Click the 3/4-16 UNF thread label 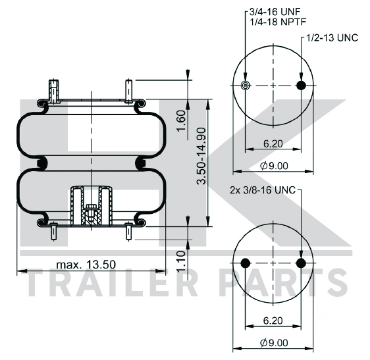tap(275, 12)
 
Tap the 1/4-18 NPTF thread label tap(278, 22)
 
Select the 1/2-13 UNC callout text tap(332, 38)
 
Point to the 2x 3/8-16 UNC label tap(263, 190)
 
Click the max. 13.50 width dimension tap(86, 265)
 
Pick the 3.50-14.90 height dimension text tap(201, 156)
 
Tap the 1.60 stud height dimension tap(182, 121)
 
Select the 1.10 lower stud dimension tap(182, 261)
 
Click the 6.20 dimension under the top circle tap(273, 143)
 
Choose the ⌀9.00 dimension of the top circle tap(274, 166)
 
